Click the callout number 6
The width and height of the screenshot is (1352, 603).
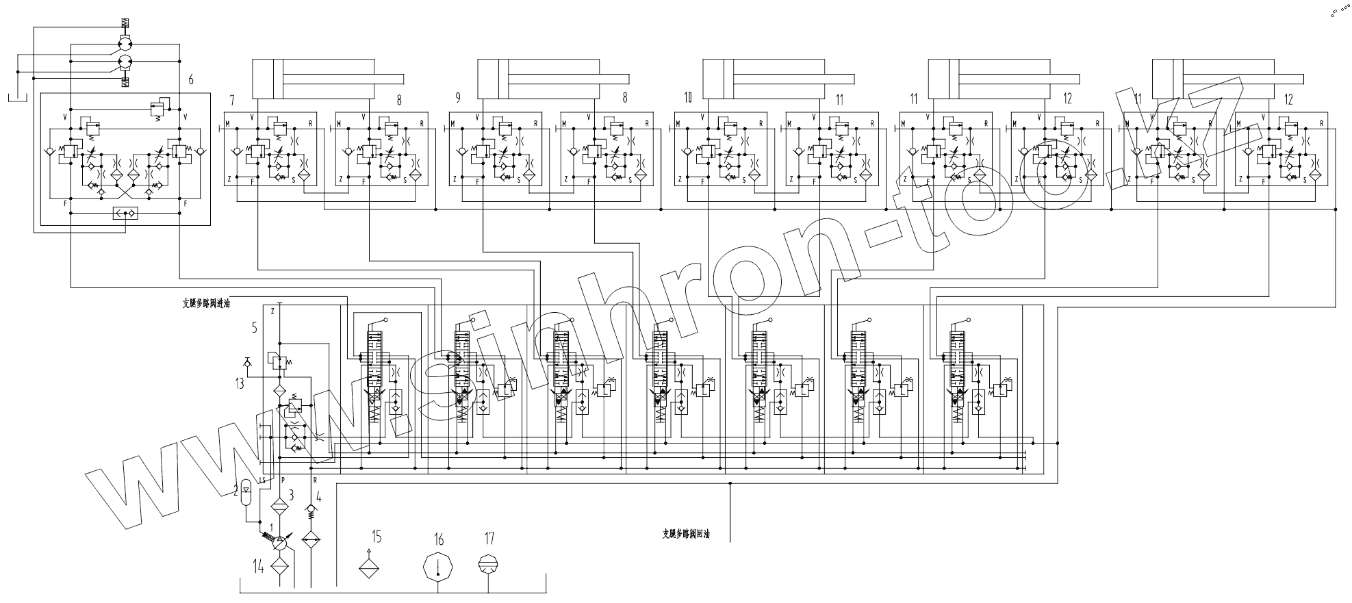pos(191,80)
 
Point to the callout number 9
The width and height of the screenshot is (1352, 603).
pos(457,99)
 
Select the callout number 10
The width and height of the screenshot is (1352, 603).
pos(687,99)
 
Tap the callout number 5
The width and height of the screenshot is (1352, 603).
pos(254,328)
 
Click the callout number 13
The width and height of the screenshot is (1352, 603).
pos(239,384)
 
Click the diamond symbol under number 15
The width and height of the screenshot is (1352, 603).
pos(370,565)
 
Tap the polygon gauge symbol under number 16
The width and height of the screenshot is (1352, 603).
pos(438,567)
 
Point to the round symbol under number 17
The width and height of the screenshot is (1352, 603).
pos(488,564)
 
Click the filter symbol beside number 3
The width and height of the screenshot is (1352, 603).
pos(279,508)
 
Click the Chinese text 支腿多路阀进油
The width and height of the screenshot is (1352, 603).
pos(205,304)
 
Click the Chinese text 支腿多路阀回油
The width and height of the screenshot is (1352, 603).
pos(685,533)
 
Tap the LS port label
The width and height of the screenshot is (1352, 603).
pos(263,480)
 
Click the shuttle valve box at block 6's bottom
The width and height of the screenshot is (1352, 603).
pos(125,214)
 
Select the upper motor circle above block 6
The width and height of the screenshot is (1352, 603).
pos(125,44)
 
